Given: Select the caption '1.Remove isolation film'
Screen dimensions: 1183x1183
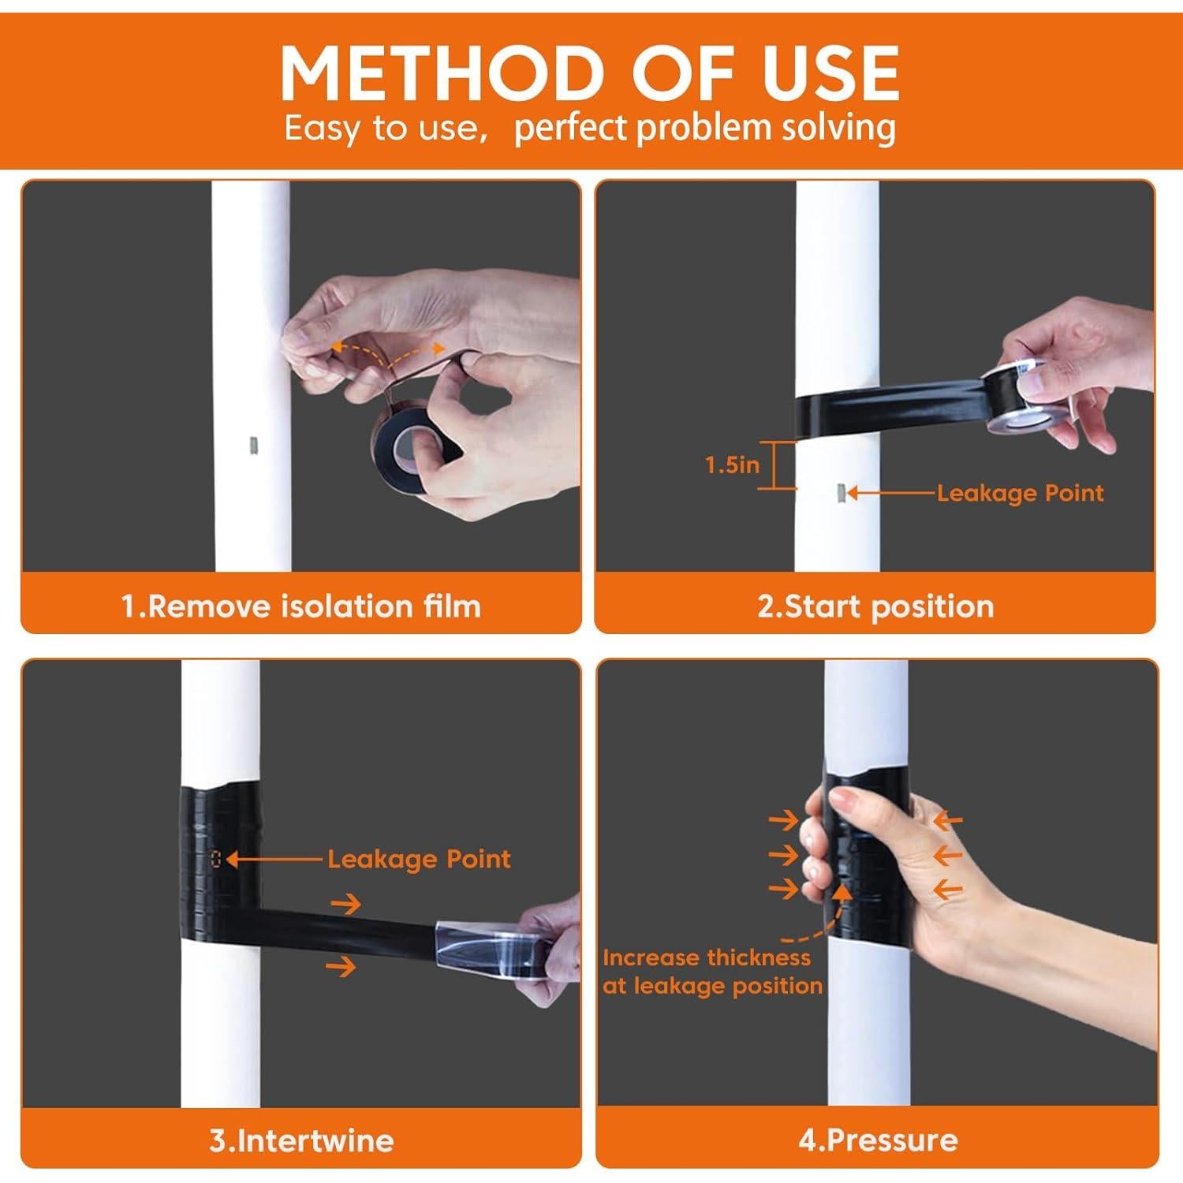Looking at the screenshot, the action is point(300,606).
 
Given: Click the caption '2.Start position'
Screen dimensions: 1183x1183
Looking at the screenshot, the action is point(875,606).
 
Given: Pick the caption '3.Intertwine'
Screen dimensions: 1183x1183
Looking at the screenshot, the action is point(301,1140).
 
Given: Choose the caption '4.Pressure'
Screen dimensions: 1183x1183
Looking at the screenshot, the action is point(878,1140).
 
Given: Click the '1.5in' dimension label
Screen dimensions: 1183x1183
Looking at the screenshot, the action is point(732,465).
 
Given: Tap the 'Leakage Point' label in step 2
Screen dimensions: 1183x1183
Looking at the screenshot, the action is point(1020,493).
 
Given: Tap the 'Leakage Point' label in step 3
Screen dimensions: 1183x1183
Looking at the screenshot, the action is point(419,859).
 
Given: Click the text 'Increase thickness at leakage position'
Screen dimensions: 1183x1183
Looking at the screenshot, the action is point(712,972).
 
